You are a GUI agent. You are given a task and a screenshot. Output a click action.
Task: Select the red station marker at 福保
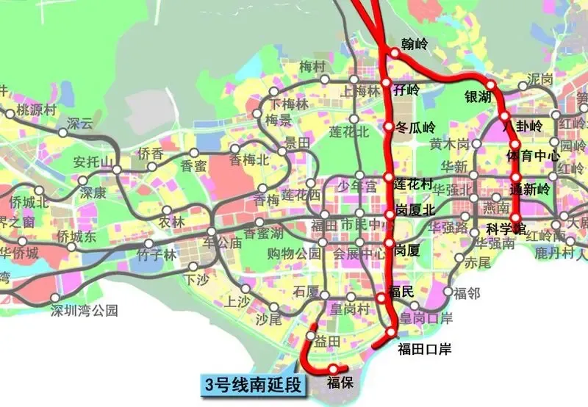click(334, 369)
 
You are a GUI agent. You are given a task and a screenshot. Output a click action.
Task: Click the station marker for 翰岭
click(395, 53)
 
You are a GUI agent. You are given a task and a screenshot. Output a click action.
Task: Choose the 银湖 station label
click(478, 97)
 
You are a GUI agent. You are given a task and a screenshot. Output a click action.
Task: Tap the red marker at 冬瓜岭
click(389, 127)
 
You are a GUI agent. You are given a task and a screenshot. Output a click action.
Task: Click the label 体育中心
click(534, 156)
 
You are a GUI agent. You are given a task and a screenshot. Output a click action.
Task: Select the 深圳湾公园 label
click(84, 310)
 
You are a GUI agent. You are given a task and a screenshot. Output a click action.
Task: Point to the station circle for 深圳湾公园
click(56, 298)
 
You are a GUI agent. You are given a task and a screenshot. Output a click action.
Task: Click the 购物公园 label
click(294, 254)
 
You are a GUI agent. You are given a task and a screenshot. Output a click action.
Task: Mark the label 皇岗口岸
click(426, 318)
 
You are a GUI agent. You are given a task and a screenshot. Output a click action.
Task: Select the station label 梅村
click(312, 67)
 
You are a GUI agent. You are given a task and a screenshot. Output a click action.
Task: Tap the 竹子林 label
click(157, 256)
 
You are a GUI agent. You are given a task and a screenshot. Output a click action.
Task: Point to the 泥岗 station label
click(540, 79)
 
